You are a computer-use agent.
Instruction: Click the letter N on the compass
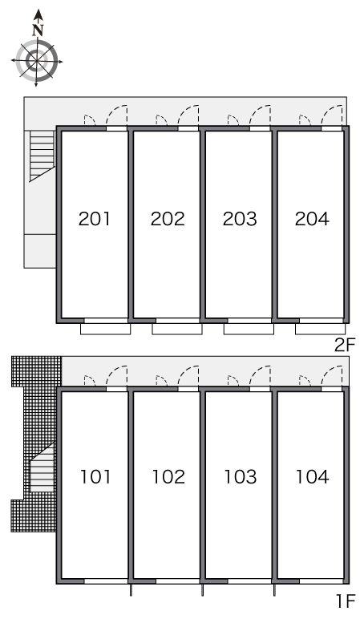38,30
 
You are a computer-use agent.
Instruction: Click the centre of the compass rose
37,61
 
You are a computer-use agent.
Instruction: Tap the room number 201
95,219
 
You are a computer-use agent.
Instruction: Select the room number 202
168,219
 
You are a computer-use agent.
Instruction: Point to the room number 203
240,219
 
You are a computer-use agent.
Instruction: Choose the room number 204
312,219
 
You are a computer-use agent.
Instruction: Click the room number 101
95,476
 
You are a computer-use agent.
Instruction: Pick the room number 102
168,476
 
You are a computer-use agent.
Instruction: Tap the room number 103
241,476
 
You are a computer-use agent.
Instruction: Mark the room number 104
312,476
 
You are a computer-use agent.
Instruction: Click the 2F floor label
345,345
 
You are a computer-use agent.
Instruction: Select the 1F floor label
346,601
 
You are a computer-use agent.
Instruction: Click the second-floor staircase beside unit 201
42,156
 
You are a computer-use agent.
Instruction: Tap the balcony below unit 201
105,329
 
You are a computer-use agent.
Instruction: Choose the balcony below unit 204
320,329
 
